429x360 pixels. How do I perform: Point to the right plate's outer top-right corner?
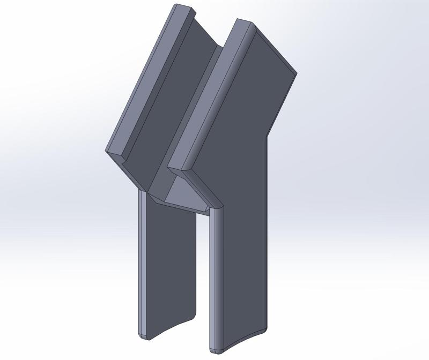pos(296,73)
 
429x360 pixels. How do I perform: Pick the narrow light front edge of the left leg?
pos(142,262)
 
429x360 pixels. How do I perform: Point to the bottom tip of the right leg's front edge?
pos(213,349)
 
